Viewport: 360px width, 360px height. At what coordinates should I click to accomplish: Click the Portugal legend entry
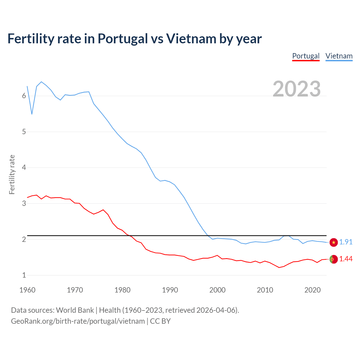click(306, 56)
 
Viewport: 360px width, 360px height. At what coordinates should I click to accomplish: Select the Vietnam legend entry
click(339, 56)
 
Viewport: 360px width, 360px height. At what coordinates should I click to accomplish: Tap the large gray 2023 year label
click(297, 89)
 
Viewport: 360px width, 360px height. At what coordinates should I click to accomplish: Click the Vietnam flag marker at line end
click(334, 242)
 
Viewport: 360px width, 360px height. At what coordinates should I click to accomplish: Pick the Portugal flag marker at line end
click(334, 259)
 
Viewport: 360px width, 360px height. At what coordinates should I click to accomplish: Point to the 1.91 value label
click(346, 242)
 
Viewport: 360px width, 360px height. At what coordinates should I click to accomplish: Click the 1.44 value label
click(346, 259)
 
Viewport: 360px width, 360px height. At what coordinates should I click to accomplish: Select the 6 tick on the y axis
click(24, 96)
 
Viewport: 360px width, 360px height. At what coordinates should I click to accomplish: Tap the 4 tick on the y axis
click(24, 168)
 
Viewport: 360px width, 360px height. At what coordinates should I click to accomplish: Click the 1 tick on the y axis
click(24, 275)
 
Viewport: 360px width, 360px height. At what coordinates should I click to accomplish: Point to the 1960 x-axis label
click(27, 290)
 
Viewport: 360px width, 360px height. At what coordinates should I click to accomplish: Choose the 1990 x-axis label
click(170, 290)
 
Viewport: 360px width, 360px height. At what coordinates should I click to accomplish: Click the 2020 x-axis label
click(312, 290)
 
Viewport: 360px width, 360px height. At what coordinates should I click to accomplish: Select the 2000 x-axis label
click(217, 290)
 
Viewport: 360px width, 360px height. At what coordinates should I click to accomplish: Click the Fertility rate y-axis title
click(12, 174)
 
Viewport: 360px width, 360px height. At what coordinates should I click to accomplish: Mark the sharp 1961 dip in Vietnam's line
click(32, 114)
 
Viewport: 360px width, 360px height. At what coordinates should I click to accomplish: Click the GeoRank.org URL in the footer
click(78, 321)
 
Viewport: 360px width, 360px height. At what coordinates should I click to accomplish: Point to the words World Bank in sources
click(75, 310)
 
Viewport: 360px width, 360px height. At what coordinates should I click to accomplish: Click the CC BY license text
click(160, 321)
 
